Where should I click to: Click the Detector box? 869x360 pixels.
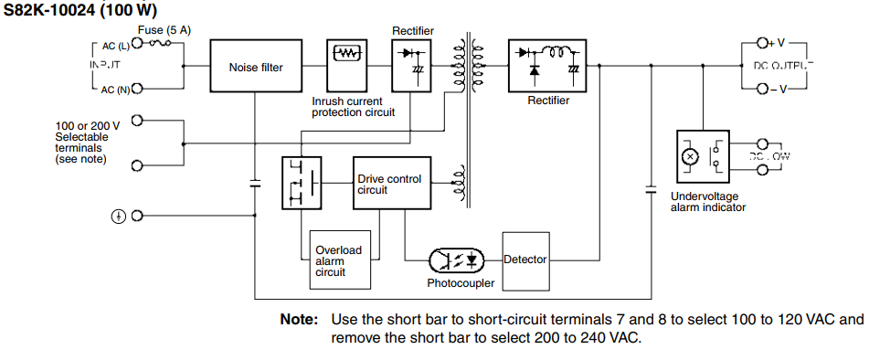pyautogui.click(x=525, y=259)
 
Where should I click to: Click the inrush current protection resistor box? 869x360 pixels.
pyautogui.click(x=347, y=54)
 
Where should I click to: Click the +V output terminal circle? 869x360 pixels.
pyautogui.click(x=764, y=43)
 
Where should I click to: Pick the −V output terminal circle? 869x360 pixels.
pyautogui.click(x=764, y=89)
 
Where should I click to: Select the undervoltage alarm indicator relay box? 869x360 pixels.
pyautogui.click(x=703, y=157)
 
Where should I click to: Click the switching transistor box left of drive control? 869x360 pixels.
pyautogui.click(x=302, y=184)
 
